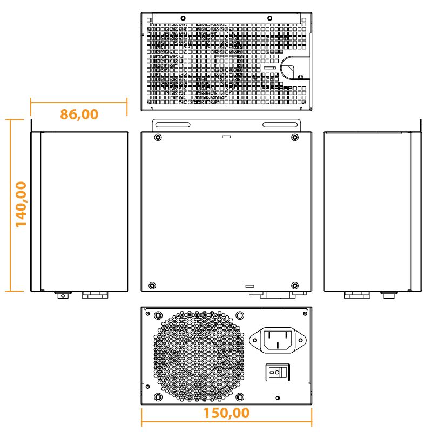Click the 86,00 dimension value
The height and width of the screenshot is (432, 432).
pos(79,114)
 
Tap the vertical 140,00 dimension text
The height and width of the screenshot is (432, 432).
pos(21,204)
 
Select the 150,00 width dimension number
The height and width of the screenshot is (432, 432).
pos(226,413)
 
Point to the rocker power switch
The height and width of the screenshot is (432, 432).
pos(277,372)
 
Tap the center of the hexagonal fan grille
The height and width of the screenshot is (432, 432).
pos(198,356)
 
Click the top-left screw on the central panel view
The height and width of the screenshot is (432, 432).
pos(157,137)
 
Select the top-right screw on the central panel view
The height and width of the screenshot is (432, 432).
pos(294,137)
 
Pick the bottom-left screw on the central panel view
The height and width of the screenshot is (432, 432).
pos(152,285)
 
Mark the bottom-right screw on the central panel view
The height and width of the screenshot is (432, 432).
pos(294,285)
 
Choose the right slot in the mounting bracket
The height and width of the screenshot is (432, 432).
pos(280,125)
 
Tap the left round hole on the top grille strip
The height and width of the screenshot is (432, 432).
pos(183,18)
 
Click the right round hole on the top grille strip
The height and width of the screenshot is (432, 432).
pos(269,18)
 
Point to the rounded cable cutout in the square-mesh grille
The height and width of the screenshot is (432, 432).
pos(291,69)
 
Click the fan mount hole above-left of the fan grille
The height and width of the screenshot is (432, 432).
pos(158,315)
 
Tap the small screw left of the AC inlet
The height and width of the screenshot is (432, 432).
pos(254,340)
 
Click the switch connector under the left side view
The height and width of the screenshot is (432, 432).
pos(63,295)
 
